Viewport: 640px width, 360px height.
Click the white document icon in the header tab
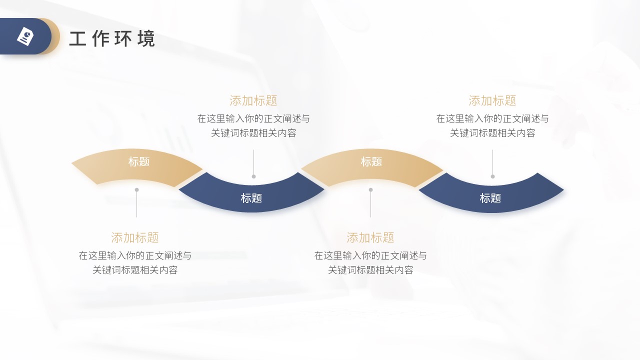[25, 36]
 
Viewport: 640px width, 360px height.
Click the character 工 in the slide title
[77, 38]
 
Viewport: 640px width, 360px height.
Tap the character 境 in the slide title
[146, 38]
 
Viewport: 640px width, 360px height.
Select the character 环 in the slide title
[123, 38]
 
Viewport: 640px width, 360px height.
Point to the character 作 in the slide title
[100, 38]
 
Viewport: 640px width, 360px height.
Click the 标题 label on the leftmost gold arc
[139, 161]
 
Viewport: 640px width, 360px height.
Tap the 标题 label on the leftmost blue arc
[251, 198]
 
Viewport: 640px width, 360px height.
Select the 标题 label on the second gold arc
[371, 161]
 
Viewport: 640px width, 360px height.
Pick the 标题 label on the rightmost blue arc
[490, 198]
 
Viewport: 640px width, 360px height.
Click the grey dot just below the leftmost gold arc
[137, 189]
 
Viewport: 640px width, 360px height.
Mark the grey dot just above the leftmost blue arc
[253, 176]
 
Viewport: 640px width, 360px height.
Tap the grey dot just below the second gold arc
[371, 189]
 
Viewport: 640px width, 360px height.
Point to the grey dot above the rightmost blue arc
[492, 176]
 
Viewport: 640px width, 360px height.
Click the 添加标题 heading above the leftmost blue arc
[253, 101]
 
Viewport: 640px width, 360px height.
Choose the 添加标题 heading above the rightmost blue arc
[492, 101]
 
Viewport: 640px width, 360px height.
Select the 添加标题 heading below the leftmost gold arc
[135, 237]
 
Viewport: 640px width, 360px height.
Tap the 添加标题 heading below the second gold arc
[370, 237]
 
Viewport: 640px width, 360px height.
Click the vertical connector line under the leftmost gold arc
[137, 203]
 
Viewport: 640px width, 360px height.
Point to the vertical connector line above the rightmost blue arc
[492, 163]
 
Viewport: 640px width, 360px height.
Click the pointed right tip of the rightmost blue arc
[563, 189]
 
